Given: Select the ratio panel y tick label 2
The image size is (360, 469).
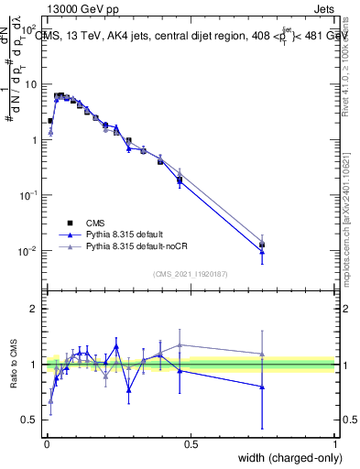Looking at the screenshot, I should (34, 309).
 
